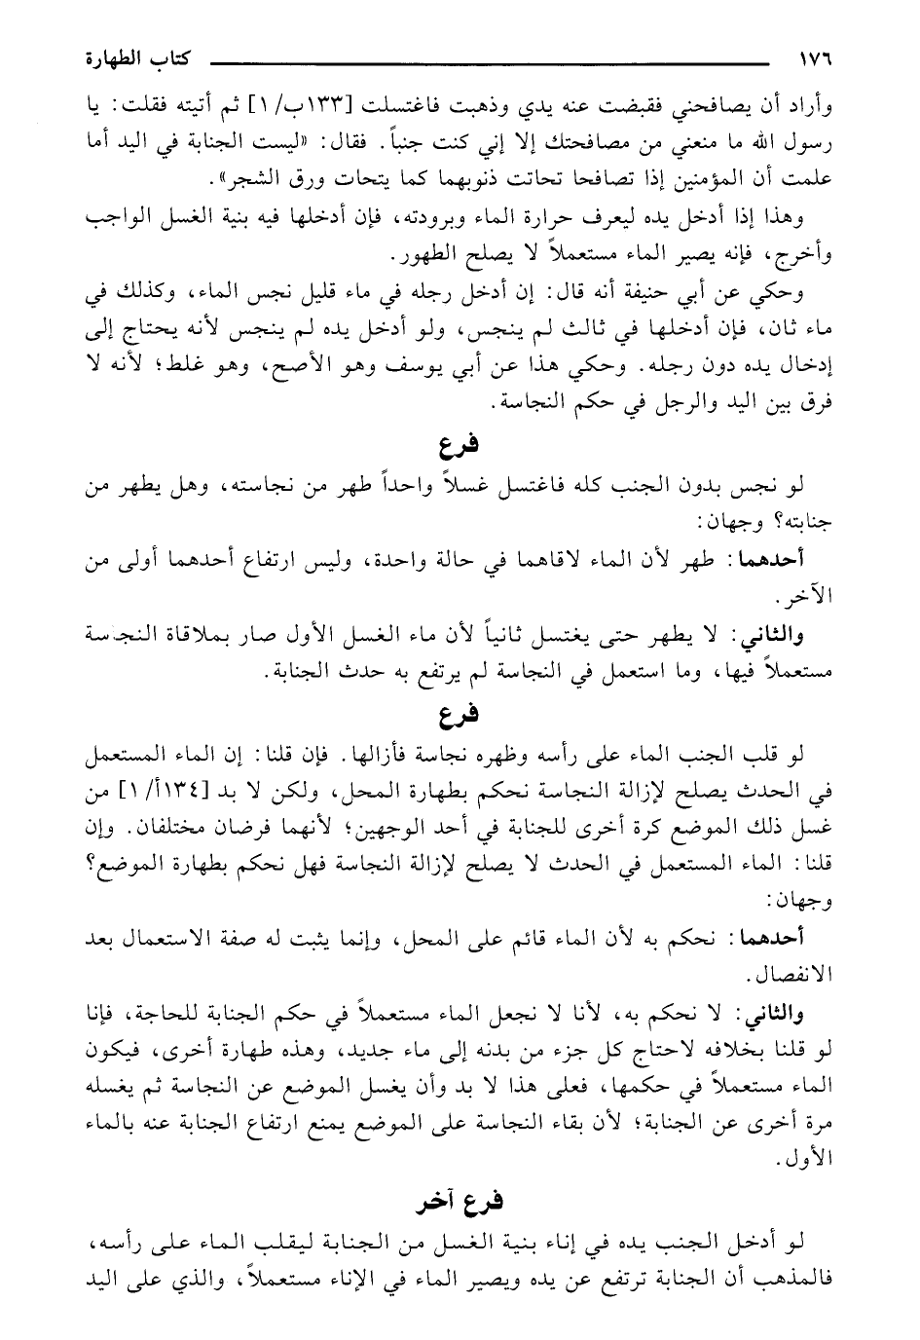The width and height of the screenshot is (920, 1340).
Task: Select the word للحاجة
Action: [x=118, y=1014]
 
